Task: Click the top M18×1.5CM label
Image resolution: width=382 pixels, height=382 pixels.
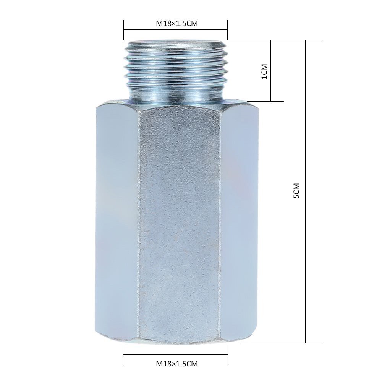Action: click(176, 23)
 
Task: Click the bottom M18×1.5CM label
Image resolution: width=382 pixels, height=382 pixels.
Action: click(176, 363)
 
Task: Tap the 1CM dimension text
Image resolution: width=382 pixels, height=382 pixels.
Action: click(264, 71)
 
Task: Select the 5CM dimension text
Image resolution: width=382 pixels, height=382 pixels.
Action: click(296, 191)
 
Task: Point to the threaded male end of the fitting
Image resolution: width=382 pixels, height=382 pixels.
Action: click(176, 73)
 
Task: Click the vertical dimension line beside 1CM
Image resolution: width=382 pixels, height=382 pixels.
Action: click(271, 71)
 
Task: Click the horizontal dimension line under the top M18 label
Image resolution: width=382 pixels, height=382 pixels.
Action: click(176, 31)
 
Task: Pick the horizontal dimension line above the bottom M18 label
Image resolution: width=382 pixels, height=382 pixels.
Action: click(176, 356)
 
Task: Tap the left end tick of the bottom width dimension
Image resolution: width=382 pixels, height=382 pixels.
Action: click(123, 355)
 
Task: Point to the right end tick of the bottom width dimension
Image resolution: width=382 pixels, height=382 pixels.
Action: click(228, 355)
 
